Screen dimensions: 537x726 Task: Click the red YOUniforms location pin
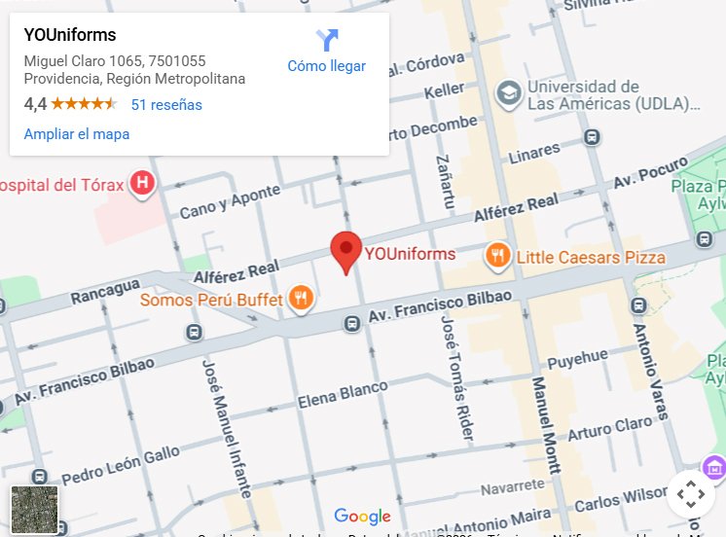coord(345,250)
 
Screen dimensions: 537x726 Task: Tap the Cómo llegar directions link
coord(326,66)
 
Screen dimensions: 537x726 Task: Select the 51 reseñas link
coord(166,105)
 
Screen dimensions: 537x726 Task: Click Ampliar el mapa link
coord(77,134)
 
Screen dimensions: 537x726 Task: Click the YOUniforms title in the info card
coord(70,36)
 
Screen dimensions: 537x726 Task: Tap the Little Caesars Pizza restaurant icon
coord(497,257)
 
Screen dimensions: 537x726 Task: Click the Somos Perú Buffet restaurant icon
coord(302,299)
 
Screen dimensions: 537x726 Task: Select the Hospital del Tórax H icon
coord(143,183)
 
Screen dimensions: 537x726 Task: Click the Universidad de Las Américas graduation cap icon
coord(507,93)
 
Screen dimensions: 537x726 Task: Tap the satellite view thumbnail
coord(34,510)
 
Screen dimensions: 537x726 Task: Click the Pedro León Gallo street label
coord(121,465)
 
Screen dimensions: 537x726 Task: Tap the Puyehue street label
coord(578,361)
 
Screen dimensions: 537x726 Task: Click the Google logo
coord(362,517)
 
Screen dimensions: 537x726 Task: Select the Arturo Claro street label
coord(610,428)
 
